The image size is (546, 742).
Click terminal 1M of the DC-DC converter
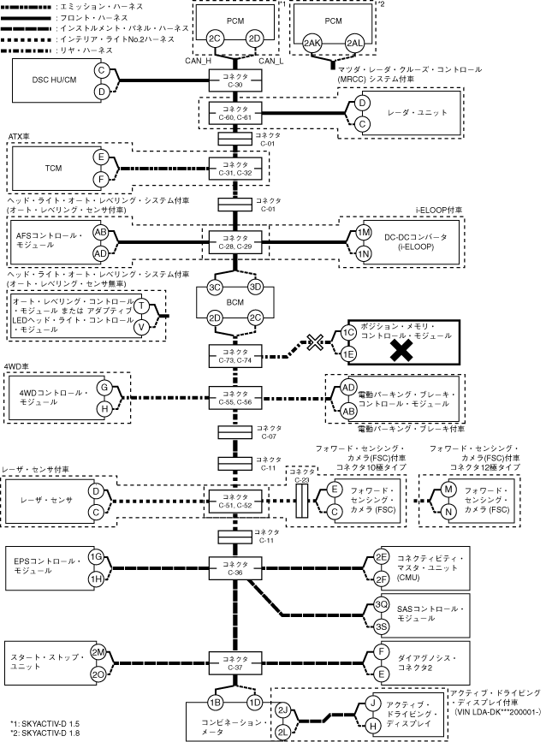pyautogui.click(x=365, y=233)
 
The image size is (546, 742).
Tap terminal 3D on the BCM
pyautogui.click(x=254, y=288)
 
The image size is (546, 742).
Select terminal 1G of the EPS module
pyautogui.click(x=98, y=556)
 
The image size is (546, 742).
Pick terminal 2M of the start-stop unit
pyautogui.click(x=98, y=652)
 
